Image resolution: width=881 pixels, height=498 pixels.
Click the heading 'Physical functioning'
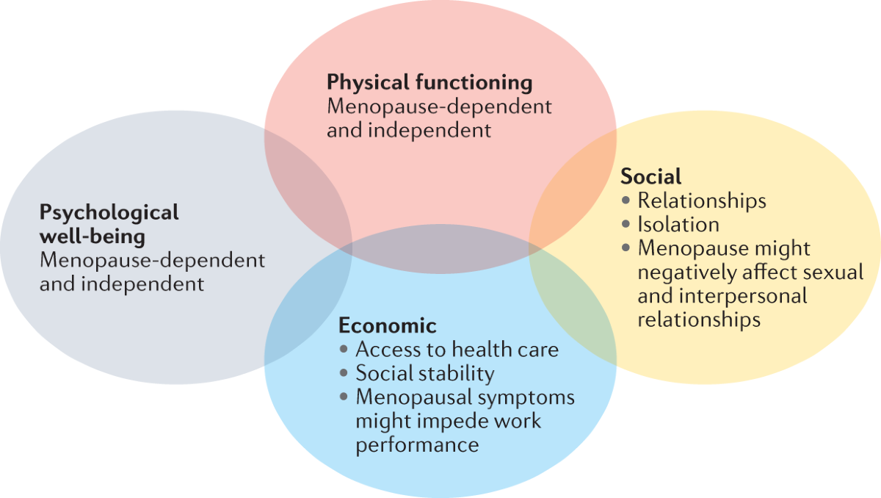point(429,82)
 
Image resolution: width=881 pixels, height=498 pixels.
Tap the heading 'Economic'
point(387,325)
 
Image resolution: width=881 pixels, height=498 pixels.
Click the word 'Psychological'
point(109,213)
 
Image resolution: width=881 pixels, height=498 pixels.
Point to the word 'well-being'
point(92,237)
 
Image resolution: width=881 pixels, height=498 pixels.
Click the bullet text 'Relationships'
point(701,201)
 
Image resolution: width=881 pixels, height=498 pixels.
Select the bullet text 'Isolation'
point(678,224)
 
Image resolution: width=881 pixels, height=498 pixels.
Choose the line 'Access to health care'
point(457,350)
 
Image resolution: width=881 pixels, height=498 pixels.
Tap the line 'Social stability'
point(424,373)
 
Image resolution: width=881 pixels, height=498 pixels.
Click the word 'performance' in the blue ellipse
point(417,444)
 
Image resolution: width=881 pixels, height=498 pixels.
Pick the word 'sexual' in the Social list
point(833,273)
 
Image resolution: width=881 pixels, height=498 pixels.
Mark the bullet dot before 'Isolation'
point(626,225)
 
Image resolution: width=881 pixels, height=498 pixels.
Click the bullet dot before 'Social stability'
point(344,374)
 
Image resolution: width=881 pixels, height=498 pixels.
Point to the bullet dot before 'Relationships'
point(626,201)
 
